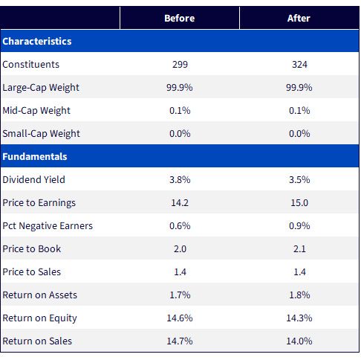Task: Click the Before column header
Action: (180, 18)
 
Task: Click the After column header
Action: (299, 18)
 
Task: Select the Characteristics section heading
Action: (37, 41)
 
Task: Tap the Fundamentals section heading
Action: (35, 157)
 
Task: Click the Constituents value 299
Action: (180, 65)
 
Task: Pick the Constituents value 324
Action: (299, 65)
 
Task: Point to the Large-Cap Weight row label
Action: (41, 88)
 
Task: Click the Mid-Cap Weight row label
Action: (36, 111)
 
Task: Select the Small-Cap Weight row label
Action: (41, 134)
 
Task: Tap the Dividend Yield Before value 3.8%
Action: (180, 180)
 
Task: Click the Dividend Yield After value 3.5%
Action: (299, 180)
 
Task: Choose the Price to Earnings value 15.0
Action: (299, 203)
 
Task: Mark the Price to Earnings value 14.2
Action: (180, 203)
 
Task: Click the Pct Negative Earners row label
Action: (48, 226)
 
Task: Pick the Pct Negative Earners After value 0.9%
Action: (299, 226)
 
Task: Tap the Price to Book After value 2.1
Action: (299, 249)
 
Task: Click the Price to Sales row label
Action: (31, 272)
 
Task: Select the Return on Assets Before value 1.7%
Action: (180, 295)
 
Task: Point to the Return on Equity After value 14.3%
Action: (299, 318)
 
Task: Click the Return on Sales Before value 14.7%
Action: (180, 341)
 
